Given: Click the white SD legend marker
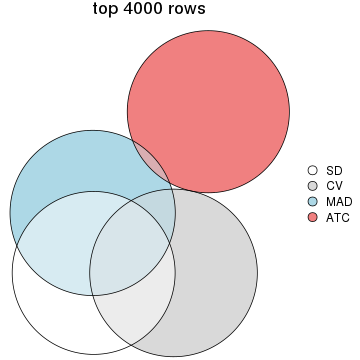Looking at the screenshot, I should click(312, 171).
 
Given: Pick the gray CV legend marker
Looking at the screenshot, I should click(312, 186).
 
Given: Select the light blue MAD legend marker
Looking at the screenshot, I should click(312, 201).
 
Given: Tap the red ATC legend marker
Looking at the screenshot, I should click(312, 216).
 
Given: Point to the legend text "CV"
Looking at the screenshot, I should click(334, 186).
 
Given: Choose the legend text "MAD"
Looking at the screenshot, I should click(337, 201).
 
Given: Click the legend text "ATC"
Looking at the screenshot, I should click(336, 216).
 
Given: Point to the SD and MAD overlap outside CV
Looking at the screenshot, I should click(60, 230).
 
